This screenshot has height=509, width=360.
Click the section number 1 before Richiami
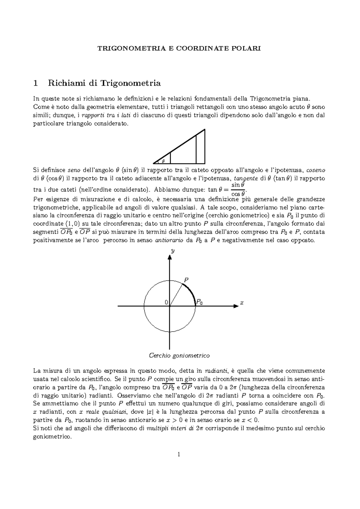(36, 83)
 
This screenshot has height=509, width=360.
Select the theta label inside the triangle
(163, 161)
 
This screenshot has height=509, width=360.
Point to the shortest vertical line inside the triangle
(170, 158)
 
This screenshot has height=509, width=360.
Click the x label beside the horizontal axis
(241, 303)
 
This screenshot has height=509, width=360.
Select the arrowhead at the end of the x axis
(235, 306)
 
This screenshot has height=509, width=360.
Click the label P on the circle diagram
(186, 280)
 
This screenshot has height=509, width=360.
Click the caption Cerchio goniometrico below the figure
(179, 356)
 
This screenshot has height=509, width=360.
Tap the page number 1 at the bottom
(179, 454)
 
